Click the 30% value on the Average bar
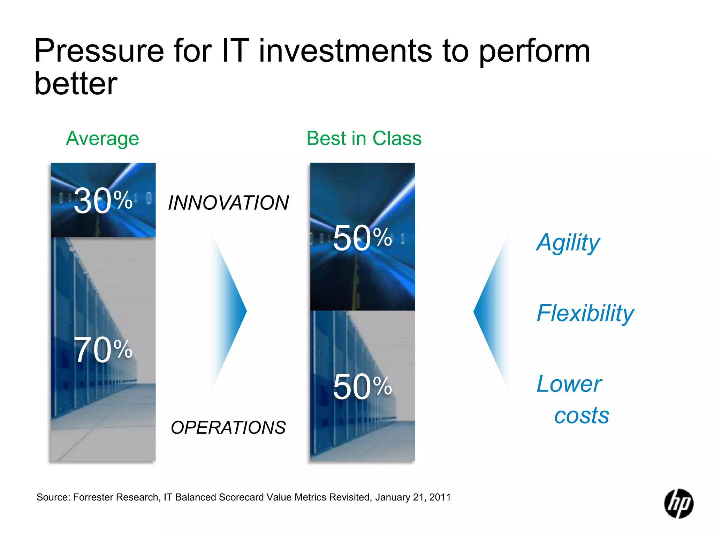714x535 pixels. pyautogui.click(x=103, y=201)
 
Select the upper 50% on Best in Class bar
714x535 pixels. pyautogui.click(x=362, y=238)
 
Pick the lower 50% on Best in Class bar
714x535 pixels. pyautogui.click(x=362, y=387)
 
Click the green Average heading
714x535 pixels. pyautogui.click(x=102, y=139)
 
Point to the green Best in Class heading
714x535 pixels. pyautogui.click(x=364, y=139)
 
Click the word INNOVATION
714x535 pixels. pyautogui.click(x=228, y=203)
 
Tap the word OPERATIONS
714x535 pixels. pyautogui.click(x=228, y=428)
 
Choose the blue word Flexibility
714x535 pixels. pyautogui.click(x=585, y=313)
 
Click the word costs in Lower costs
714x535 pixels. pyautogui.click(x=582, y=416)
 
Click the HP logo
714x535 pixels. pyautogui.click(x=678, y=504)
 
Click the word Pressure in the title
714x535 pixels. pyautogui.click(x=99, y=51)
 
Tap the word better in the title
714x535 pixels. pyautogui.click(x=76, y=84)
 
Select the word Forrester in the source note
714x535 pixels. pyautogui.click(x=93, y=497)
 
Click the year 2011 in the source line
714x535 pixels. pyautogui.click(x=440, y=497)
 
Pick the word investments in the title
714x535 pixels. pyautogui.click(x=345, y=51)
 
